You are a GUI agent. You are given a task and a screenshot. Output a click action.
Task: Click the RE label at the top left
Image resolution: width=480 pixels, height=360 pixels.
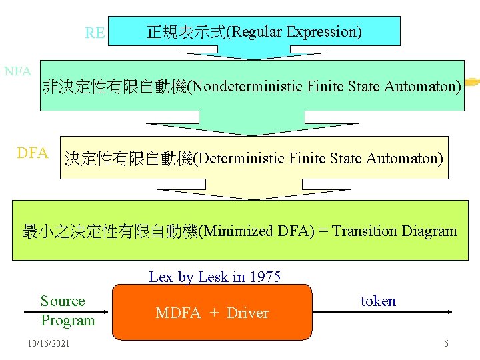coord(95,33)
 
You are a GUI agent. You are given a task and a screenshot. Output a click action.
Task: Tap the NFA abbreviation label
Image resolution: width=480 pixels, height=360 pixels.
coord(17,71)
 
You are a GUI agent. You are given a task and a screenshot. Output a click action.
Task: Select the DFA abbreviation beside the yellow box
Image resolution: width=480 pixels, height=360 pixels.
coord(32,153)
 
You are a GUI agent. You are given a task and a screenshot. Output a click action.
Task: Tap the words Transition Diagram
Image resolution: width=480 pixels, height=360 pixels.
coord(395,231)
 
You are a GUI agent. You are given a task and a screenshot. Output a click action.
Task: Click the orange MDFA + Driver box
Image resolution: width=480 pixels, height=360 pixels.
coord(212,312)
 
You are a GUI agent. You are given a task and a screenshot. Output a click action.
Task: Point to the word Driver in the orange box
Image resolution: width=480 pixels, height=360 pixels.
coord(247,313)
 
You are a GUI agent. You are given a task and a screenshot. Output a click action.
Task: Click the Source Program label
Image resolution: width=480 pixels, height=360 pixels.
coord(67,311)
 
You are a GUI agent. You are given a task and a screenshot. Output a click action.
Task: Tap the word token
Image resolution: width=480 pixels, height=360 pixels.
coord(378,301)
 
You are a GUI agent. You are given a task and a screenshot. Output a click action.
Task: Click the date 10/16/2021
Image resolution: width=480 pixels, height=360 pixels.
coord(48,343)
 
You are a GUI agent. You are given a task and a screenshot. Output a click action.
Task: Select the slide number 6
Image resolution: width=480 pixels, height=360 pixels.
coord(446,343)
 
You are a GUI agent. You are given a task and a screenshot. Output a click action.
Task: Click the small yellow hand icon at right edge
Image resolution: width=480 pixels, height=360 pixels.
coord(472,82)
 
